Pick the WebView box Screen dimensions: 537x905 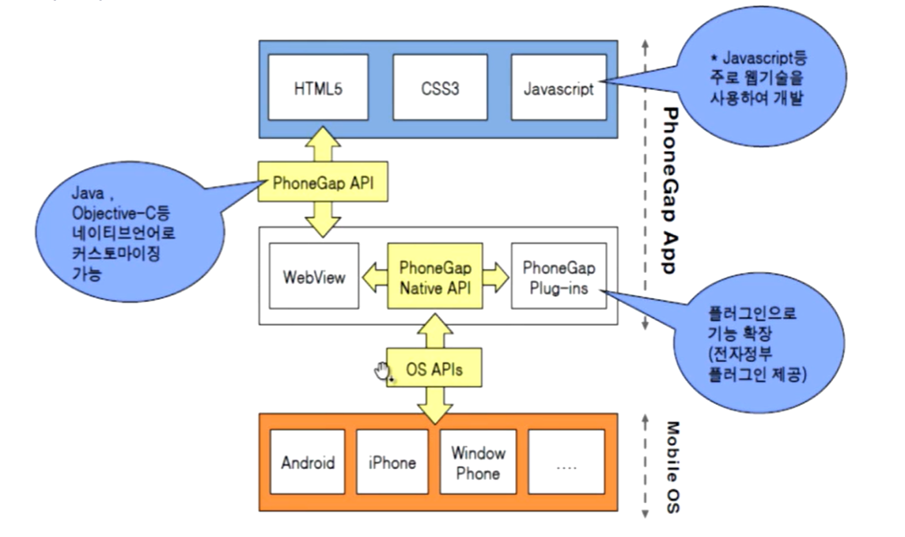tap(314, 279)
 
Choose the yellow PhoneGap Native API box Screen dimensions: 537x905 tap(435, 278)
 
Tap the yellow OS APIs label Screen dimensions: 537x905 tap(433, 369)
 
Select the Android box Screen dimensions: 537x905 tap(308, 463)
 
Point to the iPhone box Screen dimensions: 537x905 tap(392, 463)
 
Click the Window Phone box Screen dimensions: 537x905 tap(478, 463)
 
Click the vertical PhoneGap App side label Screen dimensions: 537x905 tap(668, 190)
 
